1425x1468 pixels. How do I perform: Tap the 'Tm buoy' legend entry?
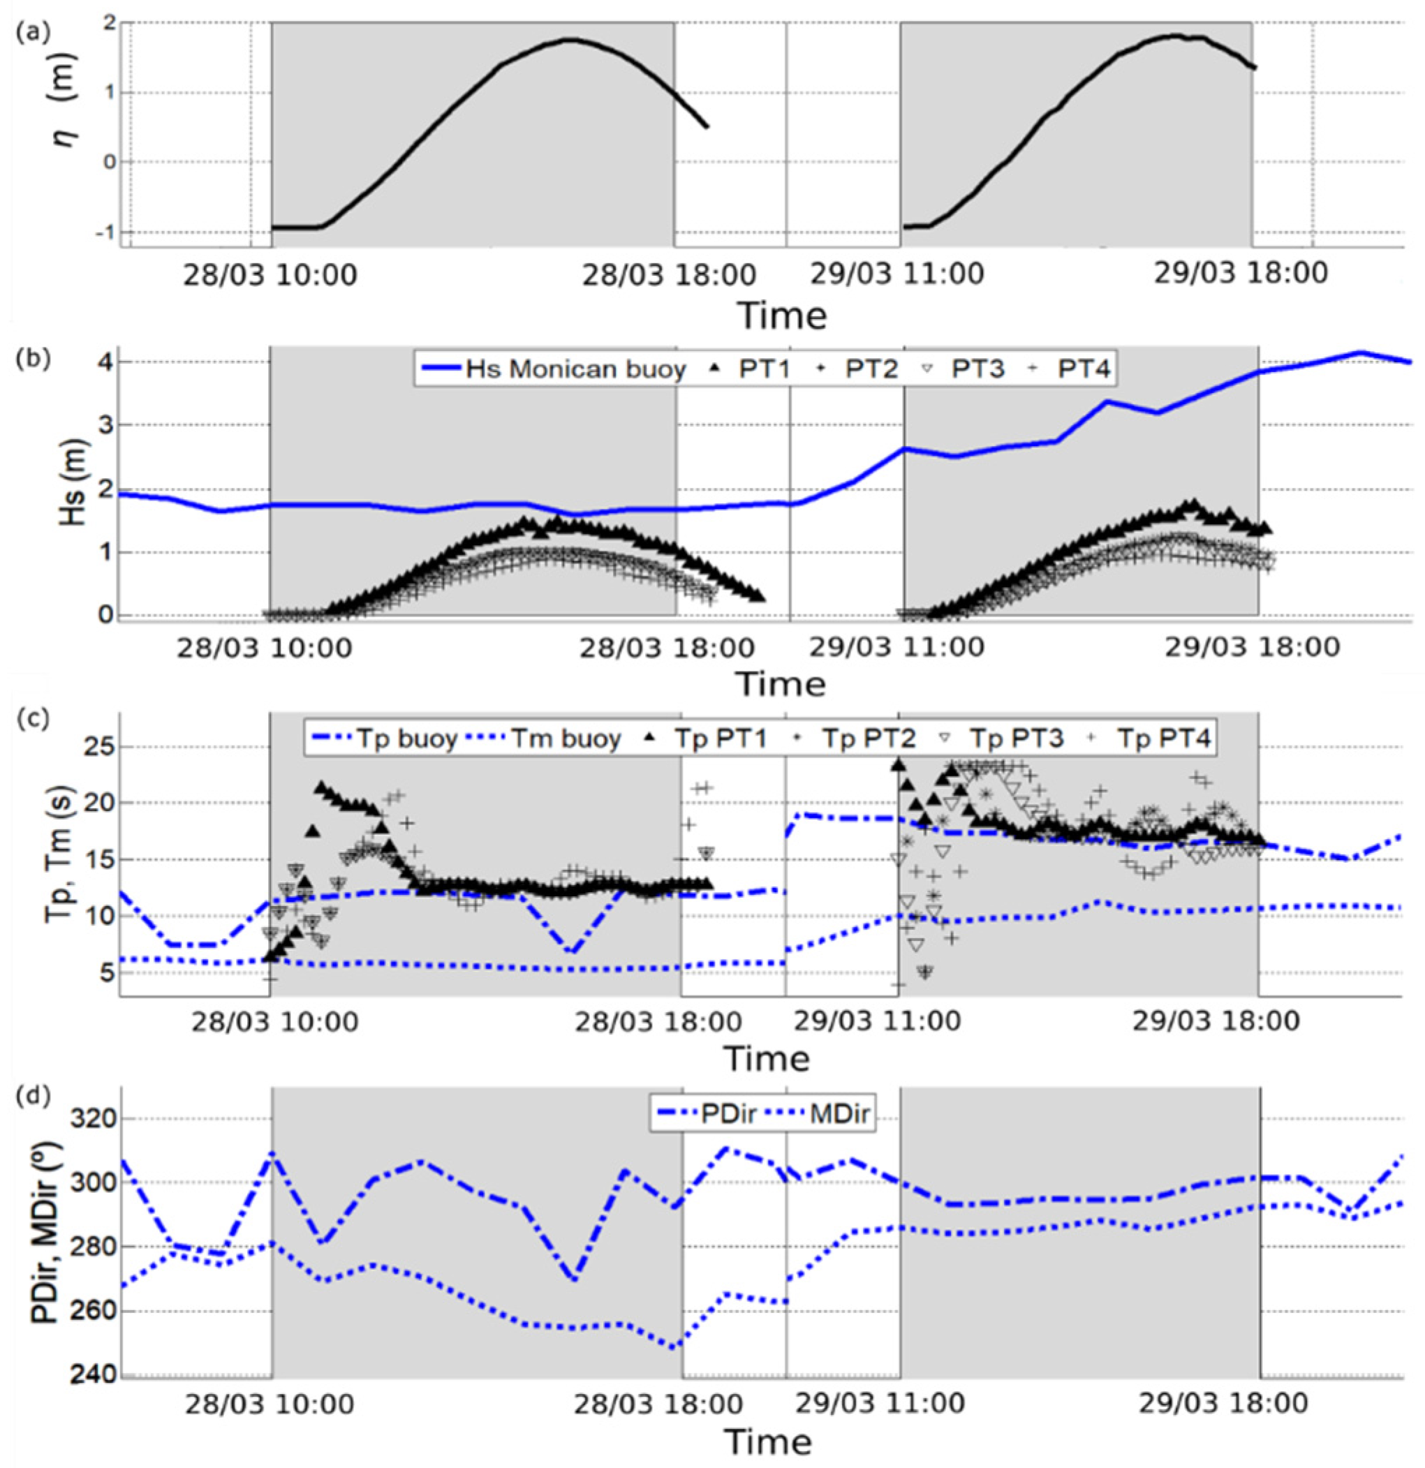tap(544, 739)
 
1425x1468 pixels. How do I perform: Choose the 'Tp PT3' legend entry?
tap(1001, 739)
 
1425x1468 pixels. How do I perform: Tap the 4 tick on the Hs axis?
tap(105, 362)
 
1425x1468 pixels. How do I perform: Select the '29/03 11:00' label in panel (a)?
tap(896, 274)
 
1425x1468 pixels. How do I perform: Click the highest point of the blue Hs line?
tap(1360, 352)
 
